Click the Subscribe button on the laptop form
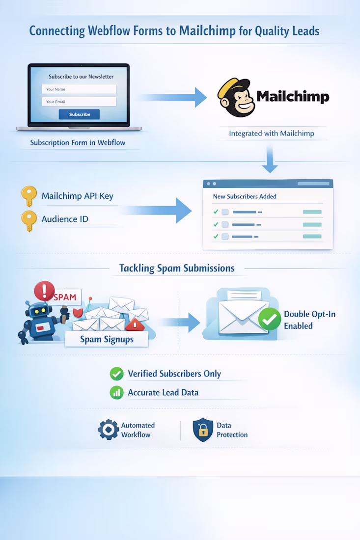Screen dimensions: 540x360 tap(79, 114)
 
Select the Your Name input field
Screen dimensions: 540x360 tap(79, 89)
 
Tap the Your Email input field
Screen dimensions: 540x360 tap(79, 102)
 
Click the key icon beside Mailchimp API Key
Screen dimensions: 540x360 tap(29, 196)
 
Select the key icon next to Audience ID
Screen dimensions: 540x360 tap(29, 220)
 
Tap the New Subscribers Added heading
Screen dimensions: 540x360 tap(245, 196)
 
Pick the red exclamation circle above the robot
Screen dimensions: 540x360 tap(44, 291)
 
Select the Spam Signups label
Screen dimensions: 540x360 tap(107, 339)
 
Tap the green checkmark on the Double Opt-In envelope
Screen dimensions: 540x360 tap(270, 320)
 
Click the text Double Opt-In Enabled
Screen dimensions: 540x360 tap(309, 320)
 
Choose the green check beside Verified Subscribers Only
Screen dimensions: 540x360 tap(116, 374)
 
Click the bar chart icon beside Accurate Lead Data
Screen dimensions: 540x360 tap(116, 392)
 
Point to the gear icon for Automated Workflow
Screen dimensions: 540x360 tap(108, 430)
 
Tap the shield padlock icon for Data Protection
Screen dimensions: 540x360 tap(202, 430)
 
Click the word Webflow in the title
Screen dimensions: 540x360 tap(107, 31)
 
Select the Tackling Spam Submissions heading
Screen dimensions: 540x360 tap(177, 269)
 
